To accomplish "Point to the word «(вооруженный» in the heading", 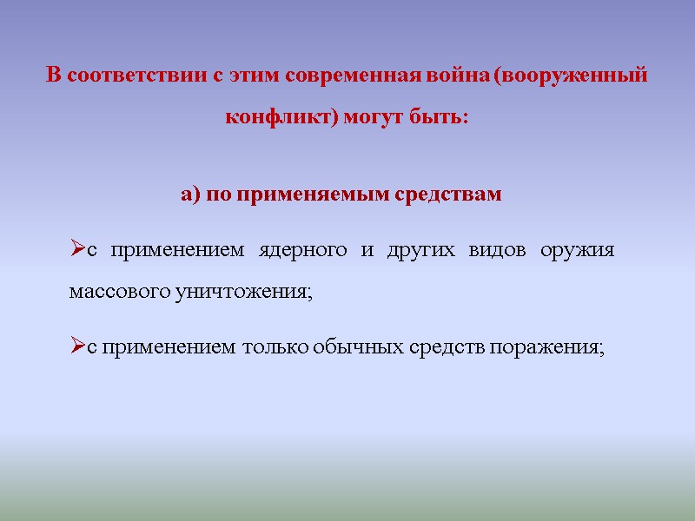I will coord(570,76).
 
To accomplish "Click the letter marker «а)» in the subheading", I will coord(191,195).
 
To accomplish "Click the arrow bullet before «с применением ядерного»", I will coord(76,251).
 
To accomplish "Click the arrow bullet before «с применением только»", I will coord(76,347).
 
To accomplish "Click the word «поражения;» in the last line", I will coord(546,347).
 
